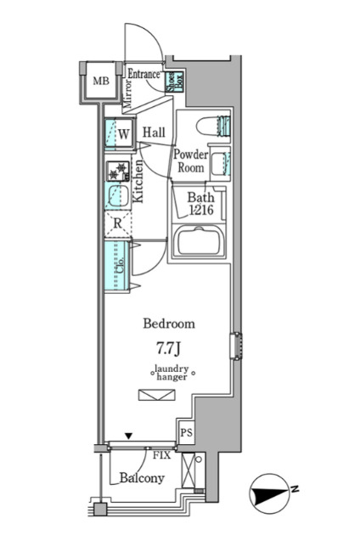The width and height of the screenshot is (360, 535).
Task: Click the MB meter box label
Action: pyautogui.click(x=101, y=82)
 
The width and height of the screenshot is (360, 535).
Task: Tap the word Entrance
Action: pyautogui.click(x=144, y=74)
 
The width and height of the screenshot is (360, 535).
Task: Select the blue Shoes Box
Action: pyautogui.click(x=175, y=82)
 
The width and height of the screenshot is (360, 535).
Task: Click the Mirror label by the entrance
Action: pyautogui.click(x=127, y=93)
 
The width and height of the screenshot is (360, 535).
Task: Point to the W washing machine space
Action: pyautogui.click(x=119, y=134)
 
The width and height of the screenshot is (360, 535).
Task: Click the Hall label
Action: pyautogui.click(x=154, y=132)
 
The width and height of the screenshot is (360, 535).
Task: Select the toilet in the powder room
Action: pyautogui.click(x=213, y=127)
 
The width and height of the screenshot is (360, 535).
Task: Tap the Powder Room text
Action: pyautogui.click(x=190, y=160)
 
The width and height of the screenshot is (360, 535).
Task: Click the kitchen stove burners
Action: pyautogui.click(x=118, y=171)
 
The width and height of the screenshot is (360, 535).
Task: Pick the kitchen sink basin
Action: pyautogui.click(x=118, y=196)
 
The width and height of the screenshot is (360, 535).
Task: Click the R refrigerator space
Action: pyautogui.click(x=118, y=224)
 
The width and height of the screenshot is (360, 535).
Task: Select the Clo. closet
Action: pyautogui.click(x=117, y=266)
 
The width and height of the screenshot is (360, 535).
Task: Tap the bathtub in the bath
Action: pyautogui.click(x=199, y=241)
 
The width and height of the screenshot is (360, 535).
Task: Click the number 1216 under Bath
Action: pyautogui.click(x=201, y=211)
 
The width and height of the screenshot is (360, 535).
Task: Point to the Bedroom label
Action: pyautogui.click(x=169, y=324)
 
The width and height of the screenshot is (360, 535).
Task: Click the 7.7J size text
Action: pyautogui.click(x=168, y=348)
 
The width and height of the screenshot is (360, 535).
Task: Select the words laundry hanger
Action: pyautogui.click(x=172, y=373)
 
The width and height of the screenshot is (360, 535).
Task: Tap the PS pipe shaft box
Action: pyautogui.click(x=186, y=432)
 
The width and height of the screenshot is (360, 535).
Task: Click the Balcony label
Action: pyautogui.click(x=142, y=478)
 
